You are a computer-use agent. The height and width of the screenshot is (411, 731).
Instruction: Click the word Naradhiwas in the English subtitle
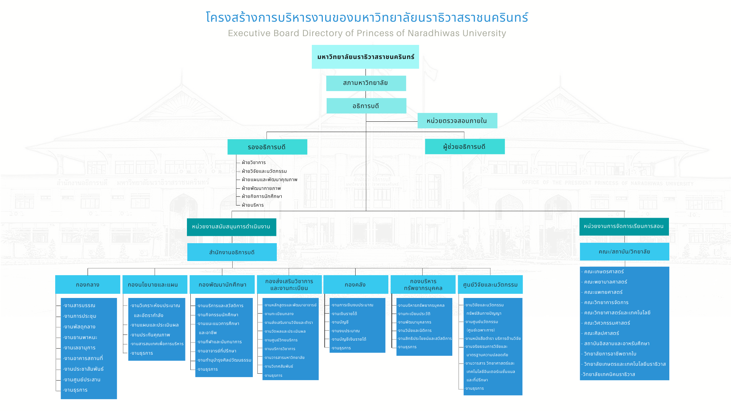coord(434,33)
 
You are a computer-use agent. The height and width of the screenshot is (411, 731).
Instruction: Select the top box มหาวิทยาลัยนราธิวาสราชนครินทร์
coord(365,57)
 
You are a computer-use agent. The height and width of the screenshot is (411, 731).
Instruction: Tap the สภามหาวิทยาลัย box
coord(366,83)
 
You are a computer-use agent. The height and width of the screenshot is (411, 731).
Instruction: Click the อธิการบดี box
coord(366,106)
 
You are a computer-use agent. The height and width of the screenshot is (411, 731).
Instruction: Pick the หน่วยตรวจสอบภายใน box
coord(457,121)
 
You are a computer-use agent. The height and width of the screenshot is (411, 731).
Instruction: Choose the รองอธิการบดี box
coord(267,147)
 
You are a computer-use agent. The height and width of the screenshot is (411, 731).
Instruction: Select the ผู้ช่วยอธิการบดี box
coord(464,147)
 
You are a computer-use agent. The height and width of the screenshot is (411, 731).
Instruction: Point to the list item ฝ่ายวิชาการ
coord(254,162)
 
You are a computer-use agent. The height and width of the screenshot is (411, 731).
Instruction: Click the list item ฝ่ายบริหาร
coord(253,205)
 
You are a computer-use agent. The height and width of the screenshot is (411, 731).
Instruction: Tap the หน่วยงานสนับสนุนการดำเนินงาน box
coord(231,227)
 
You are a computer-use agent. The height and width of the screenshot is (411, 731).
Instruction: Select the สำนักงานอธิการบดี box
coord(232,252)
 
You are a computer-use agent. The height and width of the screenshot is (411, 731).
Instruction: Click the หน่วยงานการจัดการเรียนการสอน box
coord(624,226)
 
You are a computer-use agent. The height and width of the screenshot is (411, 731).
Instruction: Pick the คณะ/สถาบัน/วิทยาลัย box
coord(624,252)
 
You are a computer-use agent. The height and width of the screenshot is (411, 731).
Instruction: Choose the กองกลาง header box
coord(88,285)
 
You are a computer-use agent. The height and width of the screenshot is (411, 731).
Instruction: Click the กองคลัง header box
coord(355,285)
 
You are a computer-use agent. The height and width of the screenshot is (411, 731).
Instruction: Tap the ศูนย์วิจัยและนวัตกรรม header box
coord(490,285)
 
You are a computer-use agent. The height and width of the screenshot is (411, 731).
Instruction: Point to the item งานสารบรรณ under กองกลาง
coord(80,306)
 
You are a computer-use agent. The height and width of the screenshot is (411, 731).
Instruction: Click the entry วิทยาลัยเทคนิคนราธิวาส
coord(609,374)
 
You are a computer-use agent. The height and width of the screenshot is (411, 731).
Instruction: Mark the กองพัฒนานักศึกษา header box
coord(222,285)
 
